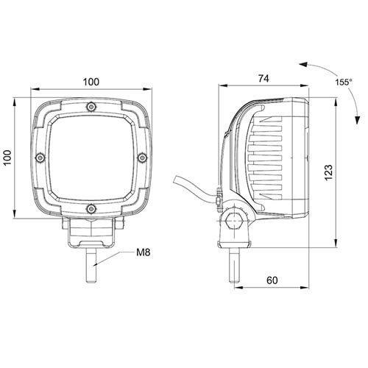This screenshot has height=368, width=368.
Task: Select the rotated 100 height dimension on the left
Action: (x=8, y=157)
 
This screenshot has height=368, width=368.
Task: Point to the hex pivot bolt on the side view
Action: (x=233, y=220)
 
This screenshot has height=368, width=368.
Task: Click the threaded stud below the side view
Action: (x=233, y=265)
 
